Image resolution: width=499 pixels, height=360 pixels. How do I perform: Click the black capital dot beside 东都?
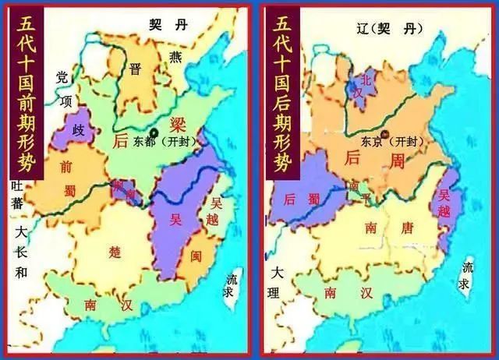coord(154,132)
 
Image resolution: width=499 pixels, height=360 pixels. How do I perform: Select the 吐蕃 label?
coord(15,195)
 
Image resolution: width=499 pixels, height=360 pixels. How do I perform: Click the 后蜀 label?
coord(301,199)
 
